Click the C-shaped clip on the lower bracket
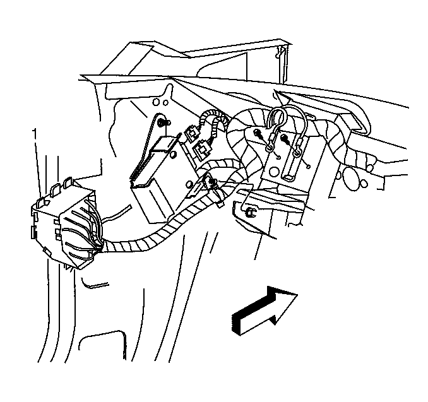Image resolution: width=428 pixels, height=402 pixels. pyautogui.click(x=250, y=212)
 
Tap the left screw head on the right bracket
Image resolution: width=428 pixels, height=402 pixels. pyautogui.click(x=258, y=133)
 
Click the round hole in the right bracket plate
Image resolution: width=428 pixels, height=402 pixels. pyautogui.click(x=274, y=172)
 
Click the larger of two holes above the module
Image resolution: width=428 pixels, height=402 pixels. pyautogui.click(x=156, y=102)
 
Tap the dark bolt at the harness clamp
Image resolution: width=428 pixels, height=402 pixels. pyautogui.click(x=211, y=182)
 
